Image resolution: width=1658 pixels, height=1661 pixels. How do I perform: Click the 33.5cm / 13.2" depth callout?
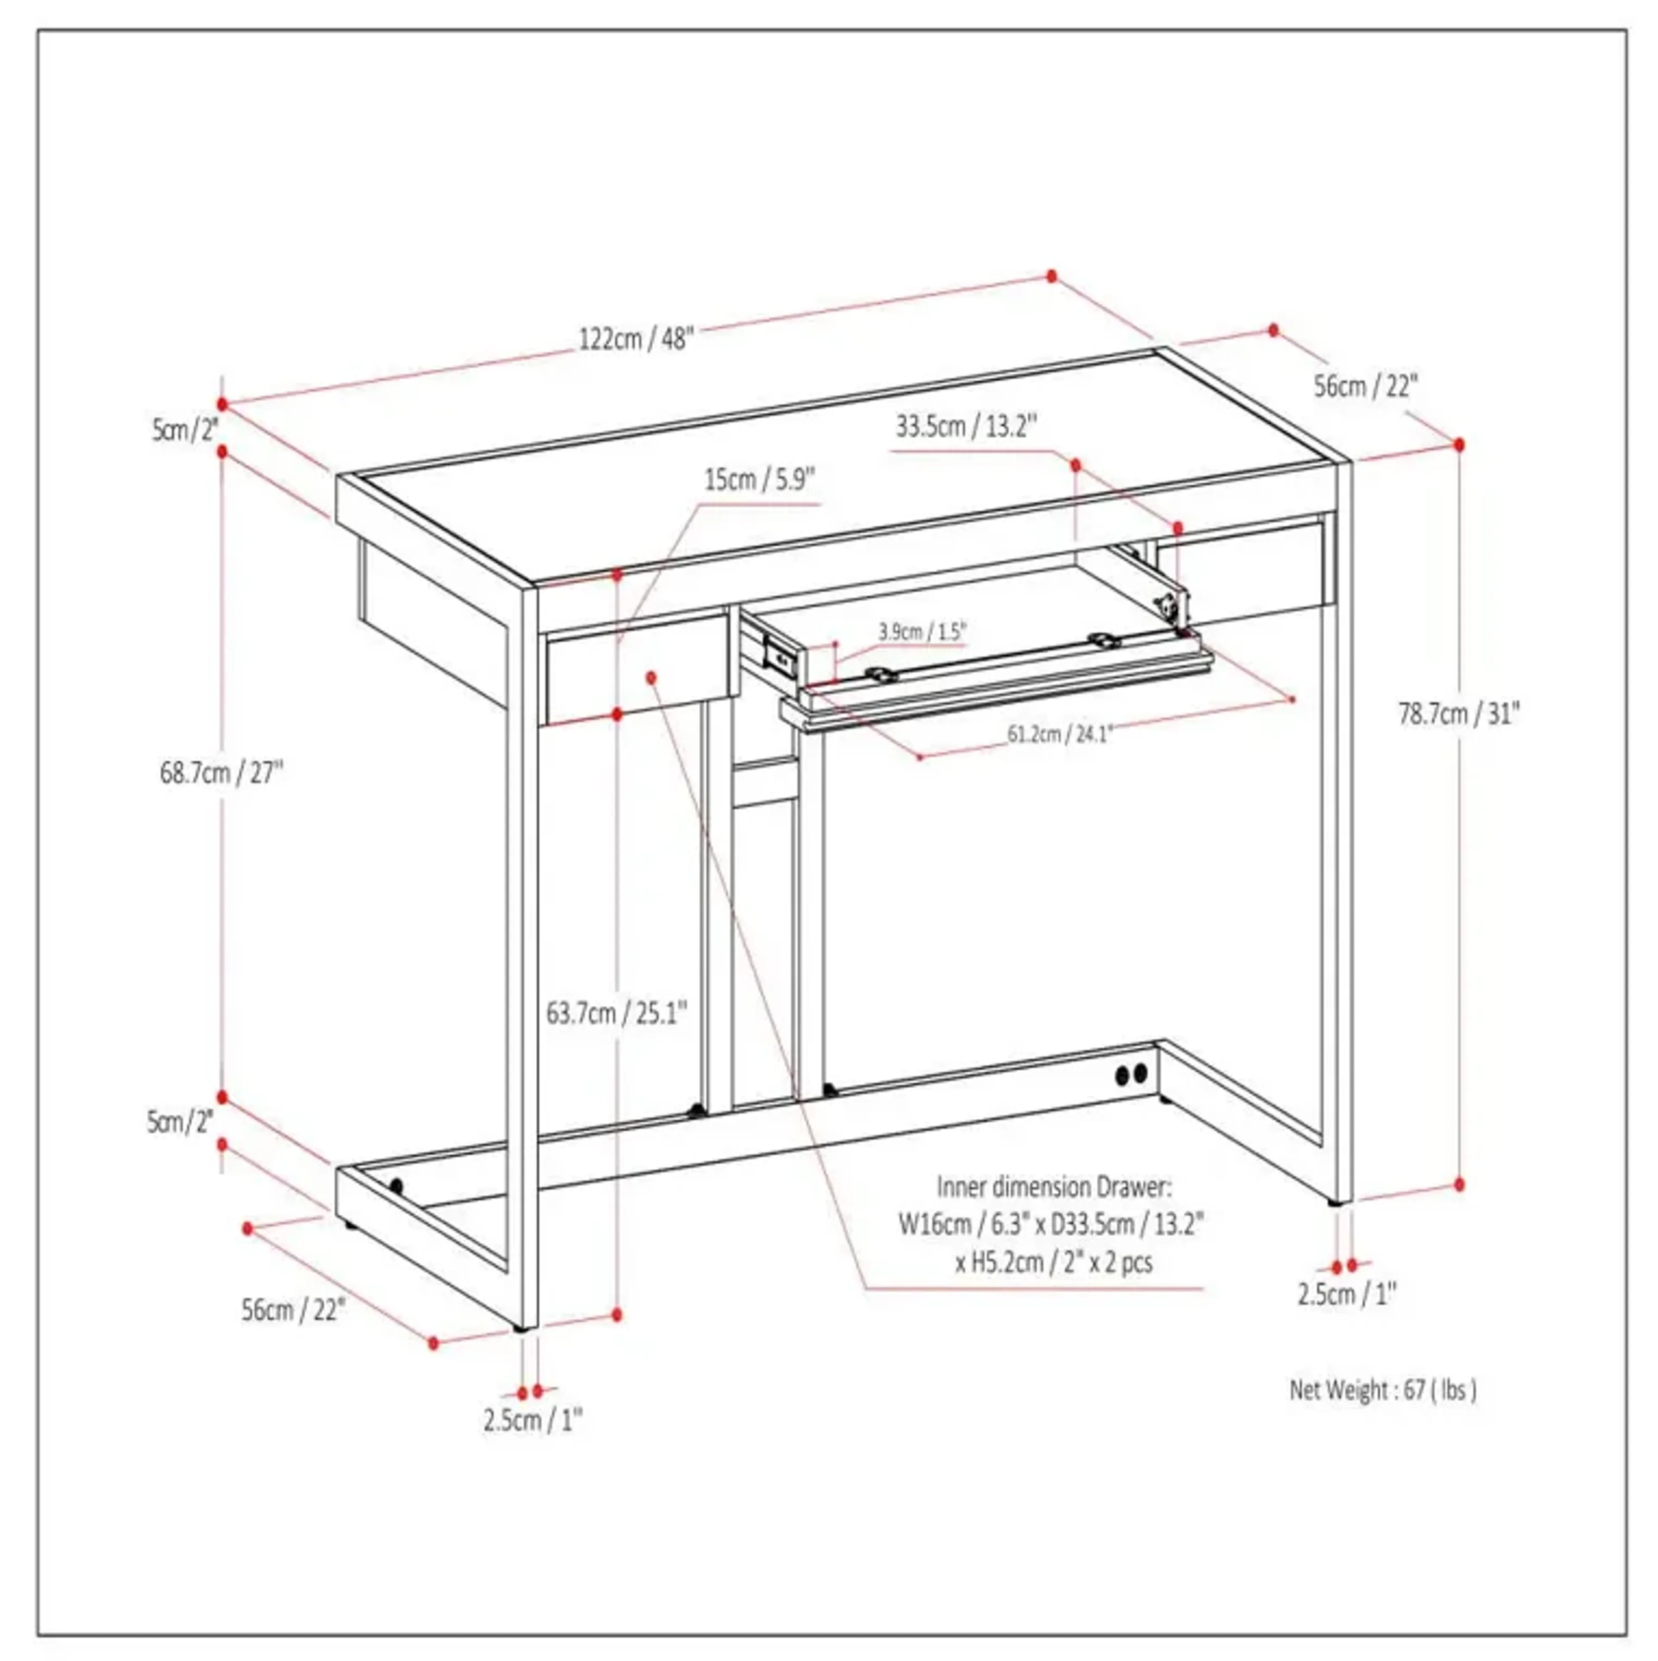[966, 426]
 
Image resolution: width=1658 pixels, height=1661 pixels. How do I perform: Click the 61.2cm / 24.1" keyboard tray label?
[1060, 734]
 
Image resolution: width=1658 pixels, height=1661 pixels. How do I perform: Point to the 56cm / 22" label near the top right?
[1365, 387]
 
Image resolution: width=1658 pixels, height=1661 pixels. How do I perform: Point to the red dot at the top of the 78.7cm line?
[1459, 445]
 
